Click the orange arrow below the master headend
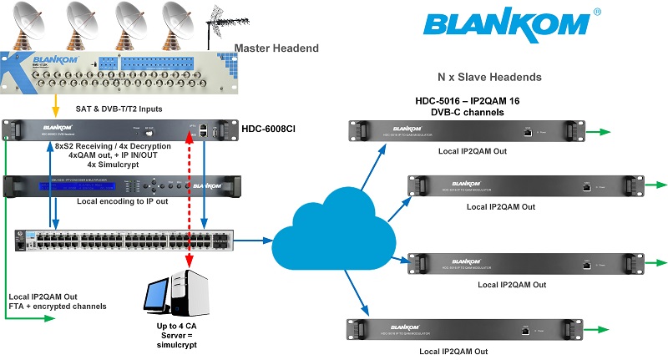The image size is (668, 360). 55,106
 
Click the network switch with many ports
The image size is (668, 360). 125,240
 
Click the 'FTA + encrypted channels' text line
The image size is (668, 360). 57,307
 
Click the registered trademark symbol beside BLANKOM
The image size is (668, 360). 597,13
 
